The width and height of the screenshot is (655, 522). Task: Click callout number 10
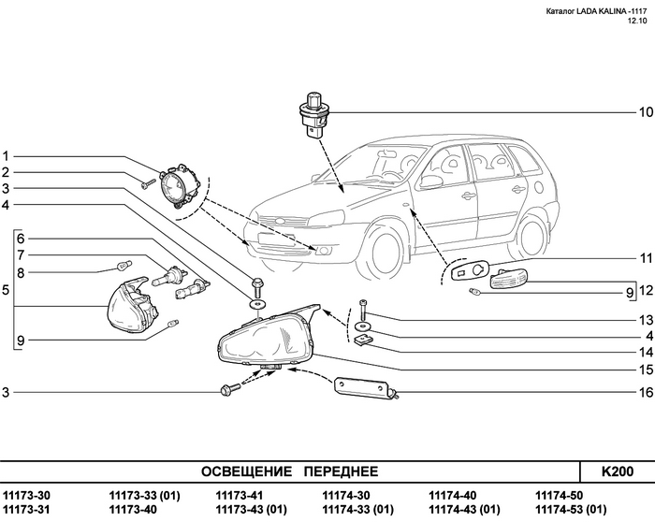pyautogui.click(x=645, y=112)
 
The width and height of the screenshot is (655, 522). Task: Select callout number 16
pyautogui.click(x=645, y=392)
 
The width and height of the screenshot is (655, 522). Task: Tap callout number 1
pyautogui.click(x=6, y=156)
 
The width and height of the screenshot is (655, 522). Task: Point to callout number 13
pyautogui.click(x=645, y=320)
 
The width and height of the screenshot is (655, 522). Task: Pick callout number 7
pyautogui.click(x=21, y=254)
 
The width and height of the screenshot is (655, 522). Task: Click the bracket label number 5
pyautogui.click(x=6, y=290)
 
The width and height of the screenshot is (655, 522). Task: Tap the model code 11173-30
pyautogui.click(x=26, y=495)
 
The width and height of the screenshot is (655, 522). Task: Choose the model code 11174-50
pyautogui.click(x=559, y=495)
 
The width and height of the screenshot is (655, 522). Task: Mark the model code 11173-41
pyautogui.click(x=240, y=495)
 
